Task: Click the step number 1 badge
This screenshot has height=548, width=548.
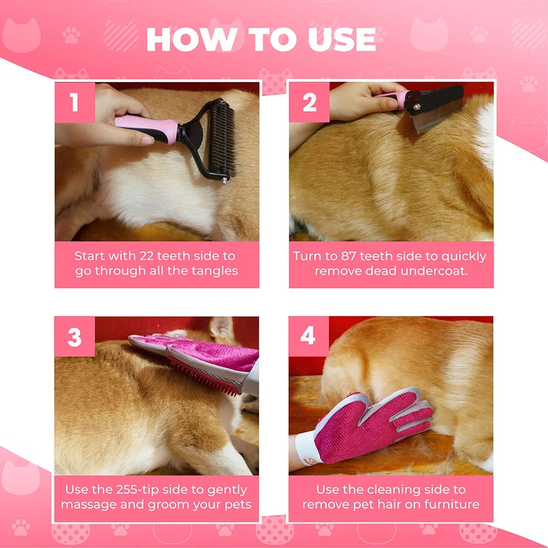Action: click(75, 102)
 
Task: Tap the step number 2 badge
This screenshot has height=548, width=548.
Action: click(309, 102)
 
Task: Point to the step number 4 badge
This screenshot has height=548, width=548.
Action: click(308, 336)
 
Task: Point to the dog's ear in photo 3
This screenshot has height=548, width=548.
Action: click(221, 328)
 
